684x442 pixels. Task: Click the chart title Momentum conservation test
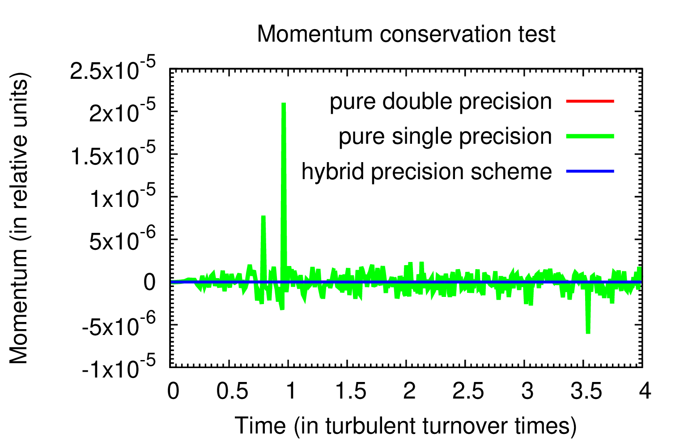[x=406, y=34]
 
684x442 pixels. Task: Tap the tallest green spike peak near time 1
[x=284, y=104]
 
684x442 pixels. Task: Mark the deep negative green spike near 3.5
[x=588, y=332]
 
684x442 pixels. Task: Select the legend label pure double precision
[x=441, y=102]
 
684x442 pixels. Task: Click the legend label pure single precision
[x=445, y=136]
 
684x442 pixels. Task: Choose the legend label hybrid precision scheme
[x=427, y=172]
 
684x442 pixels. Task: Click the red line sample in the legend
[x=590, y=101]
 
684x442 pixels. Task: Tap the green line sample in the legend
[x=590, y=136]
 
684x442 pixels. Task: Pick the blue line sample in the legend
[x=590, y=172]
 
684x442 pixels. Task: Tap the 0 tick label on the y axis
[x=149, y=283]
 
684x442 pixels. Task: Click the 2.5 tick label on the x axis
[x=468, y=391]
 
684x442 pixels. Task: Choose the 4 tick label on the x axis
[x=645, y=391]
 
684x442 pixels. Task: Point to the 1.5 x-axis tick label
[x=351, y=391]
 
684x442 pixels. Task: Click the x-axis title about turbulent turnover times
[x=406, y=426]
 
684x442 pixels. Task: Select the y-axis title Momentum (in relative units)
[x=19, y=218]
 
